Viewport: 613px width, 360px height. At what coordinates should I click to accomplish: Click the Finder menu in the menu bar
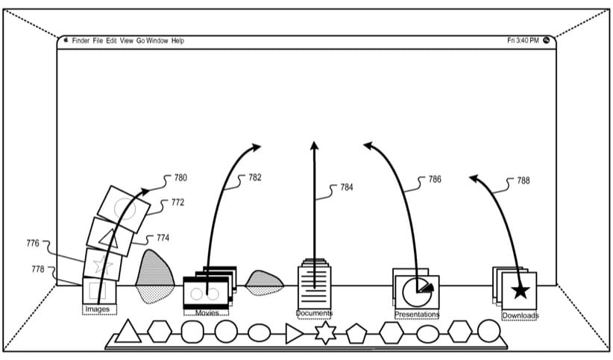click(81, 40)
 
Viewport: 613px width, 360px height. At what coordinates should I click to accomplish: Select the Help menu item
click(177, 40)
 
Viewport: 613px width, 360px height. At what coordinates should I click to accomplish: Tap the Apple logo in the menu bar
click(66, 40)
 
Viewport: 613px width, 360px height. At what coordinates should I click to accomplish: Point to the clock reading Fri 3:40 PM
click(522, 40)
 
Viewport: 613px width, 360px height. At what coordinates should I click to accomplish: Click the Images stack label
click(98, 309)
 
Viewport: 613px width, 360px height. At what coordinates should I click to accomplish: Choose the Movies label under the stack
click(207, 313)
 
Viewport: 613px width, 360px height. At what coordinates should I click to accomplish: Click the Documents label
click(314, 313)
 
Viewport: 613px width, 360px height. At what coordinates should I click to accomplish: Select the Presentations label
click(416, 314)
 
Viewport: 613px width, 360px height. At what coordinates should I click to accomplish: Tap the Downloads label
click(520, 315)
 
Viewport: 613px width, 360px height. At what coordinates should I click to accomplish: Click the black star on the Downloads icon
click(520, 291)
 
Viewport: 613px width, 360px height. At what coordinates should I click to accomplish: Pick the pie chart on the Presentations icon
click(416, 291)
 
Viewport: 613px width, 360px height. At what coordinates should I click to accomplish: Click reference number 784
click(347, 188)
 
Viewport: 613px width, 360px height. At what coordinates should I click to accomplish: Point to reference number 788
click(524, 180)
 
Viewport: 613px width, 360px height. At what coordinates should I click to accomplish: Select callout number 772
click(177, 202)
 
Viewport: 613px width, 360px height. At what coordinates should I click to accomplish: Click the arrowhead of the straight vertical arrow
click(314, 145)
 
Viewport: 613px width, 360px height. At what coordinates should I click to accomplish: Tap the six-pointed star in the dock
click(325, 333)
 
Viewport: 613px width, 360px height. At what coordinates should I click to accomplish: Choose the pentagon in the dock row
click(356, 333)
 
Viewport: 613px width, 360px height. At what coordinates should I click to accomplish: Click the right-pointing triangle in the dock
click(294, 333)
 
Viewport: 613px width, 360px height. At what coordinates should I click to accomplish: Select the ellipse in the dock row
click(260, 332)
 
